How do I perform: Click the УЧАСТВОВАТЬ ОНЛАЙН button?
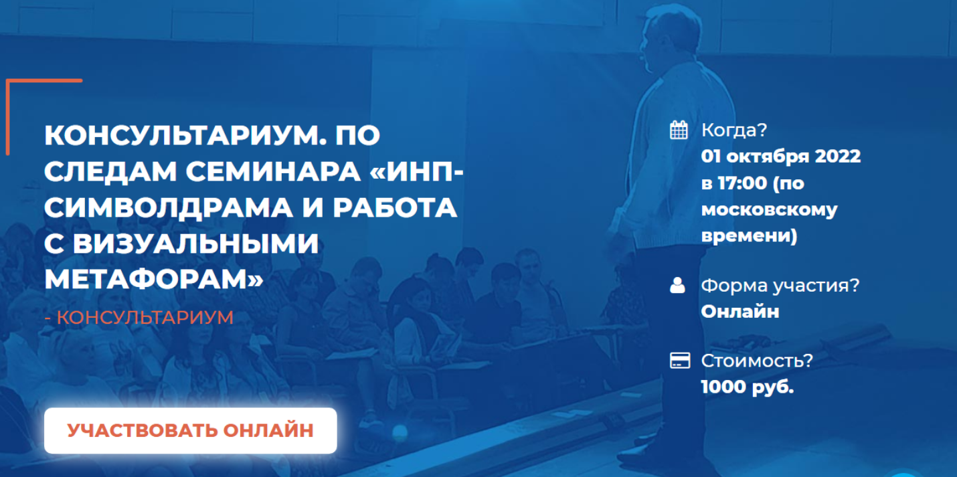coord(191,430)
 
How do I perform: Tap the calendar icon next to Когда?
coord(679,130)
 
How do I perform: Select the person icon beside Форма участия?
coord(677,285)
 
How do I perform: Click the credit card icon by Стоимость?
coord(680,361)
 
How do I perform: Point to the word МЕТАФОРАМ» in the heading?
coord(154,280)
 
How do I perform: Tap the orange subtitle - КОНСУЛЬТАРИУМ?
coord(139,318)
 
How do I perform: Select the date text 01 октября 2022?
coord(781,157)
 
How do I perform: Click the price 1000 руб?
coord(748,387)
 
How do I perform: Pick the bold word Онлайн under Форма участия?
coord(740,311)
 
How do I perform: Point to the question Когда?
coord(734,130)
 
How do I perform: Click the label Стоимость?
coord(757,361)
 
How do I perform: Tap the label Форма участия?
coord(780,286)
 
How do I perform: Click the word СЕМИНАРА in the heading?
coord(273,172)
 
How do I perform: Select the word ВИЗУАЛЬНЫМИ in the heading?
coord(195,244)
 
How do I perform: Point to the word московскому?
coord(770,210)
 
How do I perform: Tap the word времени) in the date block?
coord(750,236)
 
